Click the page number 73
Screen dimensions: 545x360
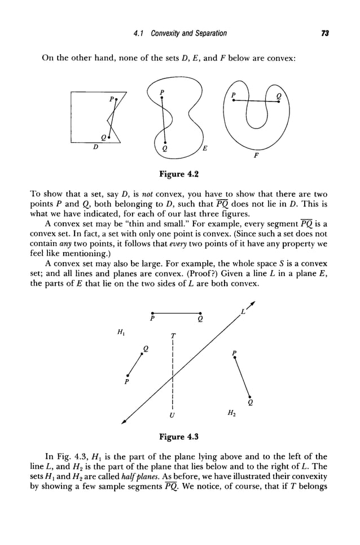point(324,33)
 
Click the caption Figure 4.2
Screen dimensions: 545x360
point(179,170)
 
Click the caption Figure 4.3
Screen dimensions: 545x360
point(179,437)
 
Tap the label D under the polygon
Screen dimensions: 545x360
point(95,146)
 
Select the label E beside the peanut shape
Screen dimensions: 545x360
point(204,149)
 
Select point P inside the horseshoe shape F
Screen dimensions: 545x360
point(234,99)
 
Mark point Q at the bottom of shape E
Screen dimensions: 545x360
point(164,143)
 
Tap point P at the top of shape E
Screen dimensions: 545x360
point(162,97)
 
